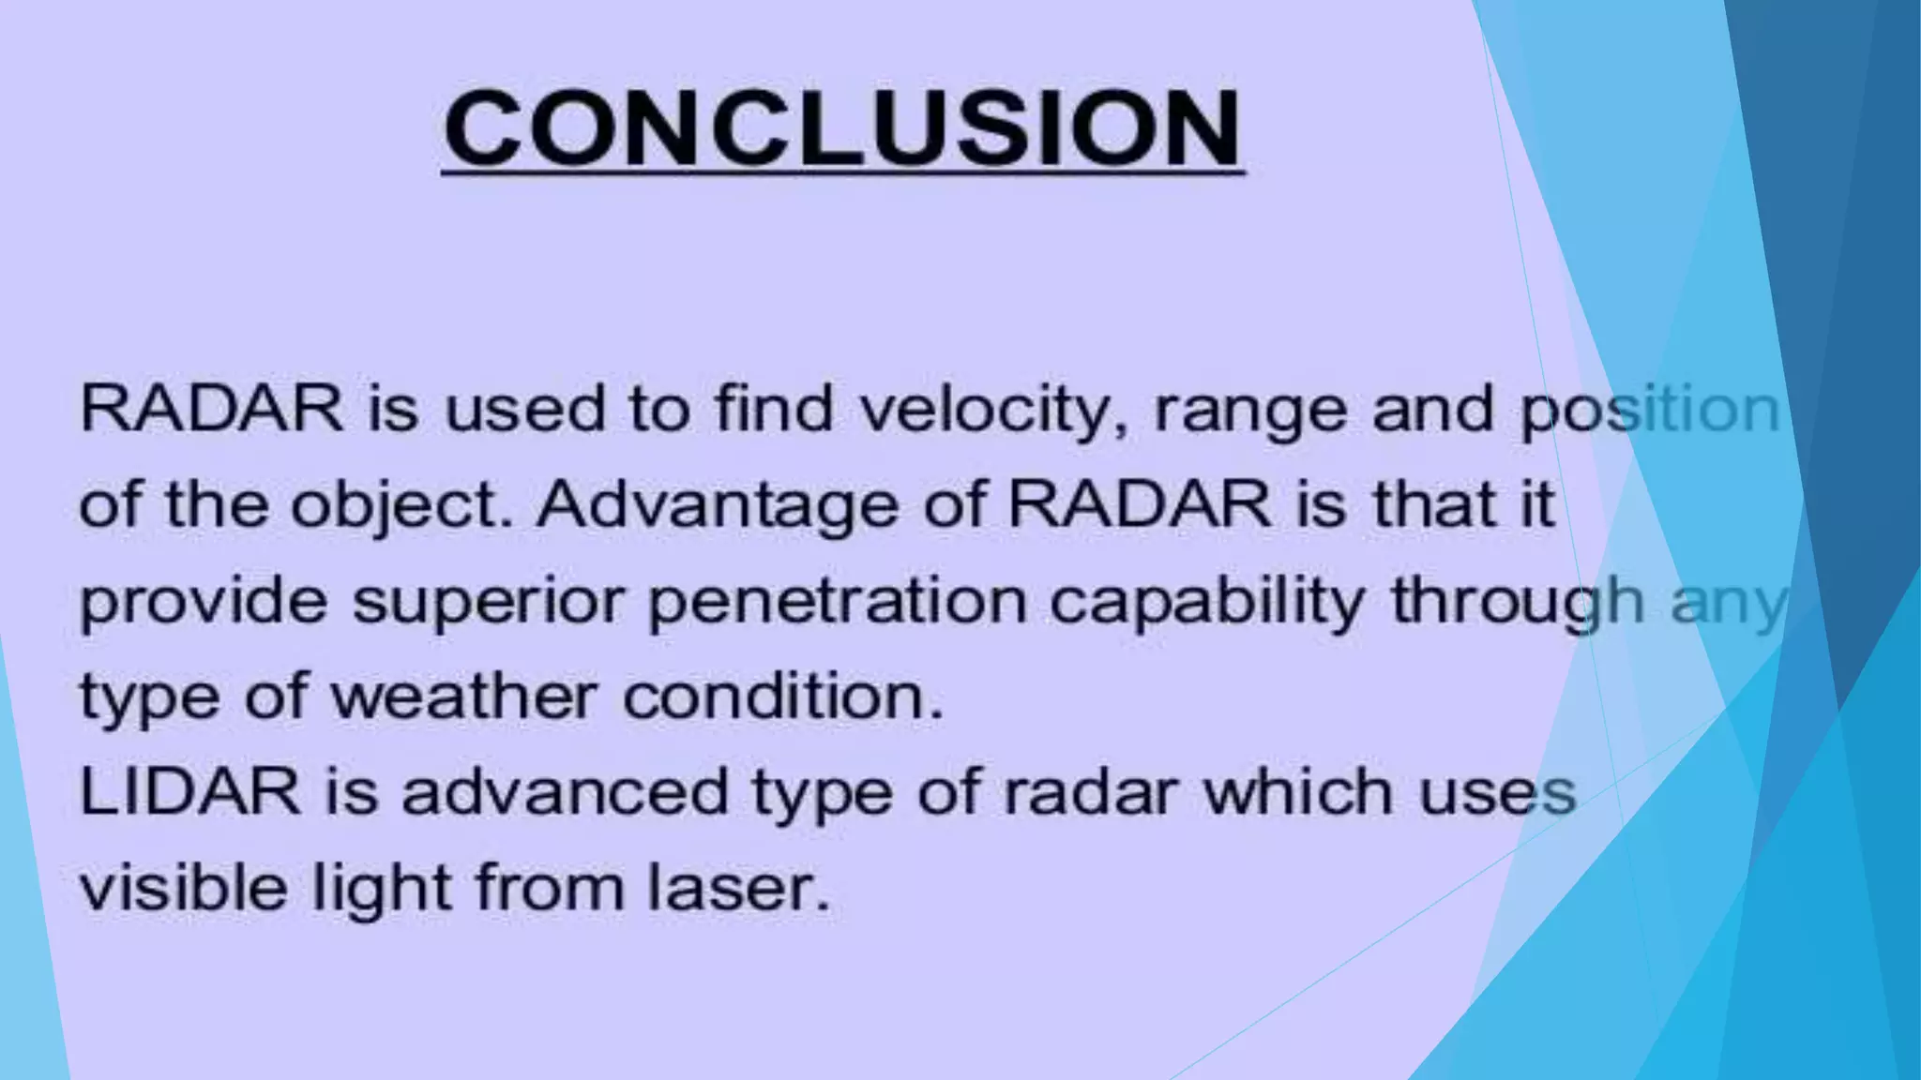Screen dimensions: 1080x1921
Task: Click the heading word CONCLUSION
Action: [842, 128]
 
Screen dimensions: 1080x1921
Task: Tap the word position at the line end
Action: [1649, 411]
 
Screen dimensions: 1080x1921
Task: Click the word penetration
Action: [838, 601]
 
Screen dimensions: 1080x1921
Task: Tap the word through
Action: [1516, 601]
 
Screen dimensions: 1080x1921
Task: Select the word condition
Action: [782, 697]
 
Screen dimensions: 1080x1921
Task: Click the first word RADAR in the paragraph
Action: [212, 411]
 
